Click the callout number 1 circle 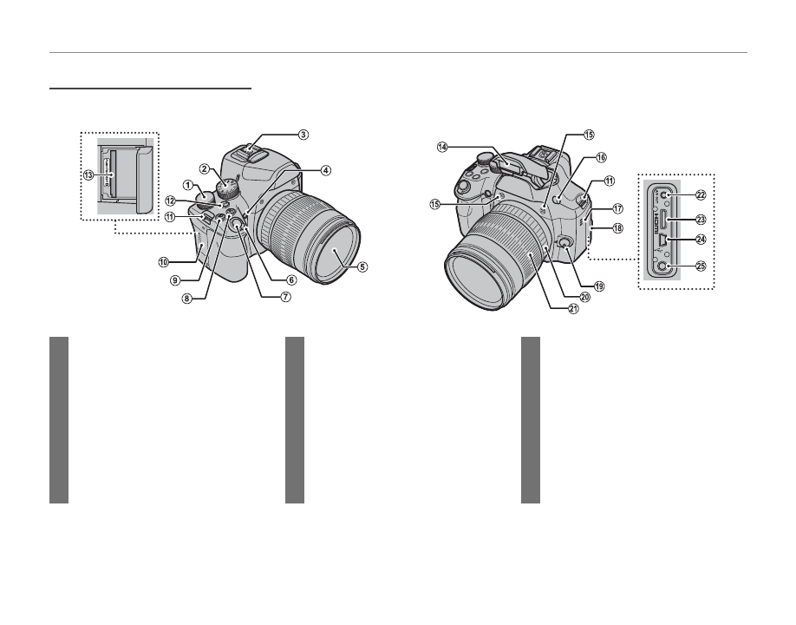click(188, 185)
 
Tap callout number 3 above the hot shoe click(303, 135)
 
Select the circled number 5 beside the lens click(362, 266)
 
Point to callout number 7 click(286, 297)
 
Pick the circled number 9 click(175, 280)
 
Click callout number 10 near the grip click(163, 262)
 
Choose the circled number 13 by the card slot click(88, 174)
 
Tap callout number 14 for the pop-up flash click(442, 147)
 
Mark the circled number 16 click(601, 157)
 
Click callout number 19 click(599, 286)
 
